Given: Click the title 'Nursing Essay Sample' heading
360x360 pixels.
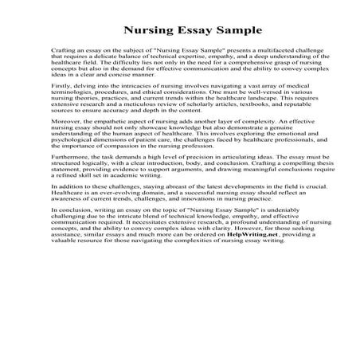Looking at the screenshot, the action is [x=179, y=31].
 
